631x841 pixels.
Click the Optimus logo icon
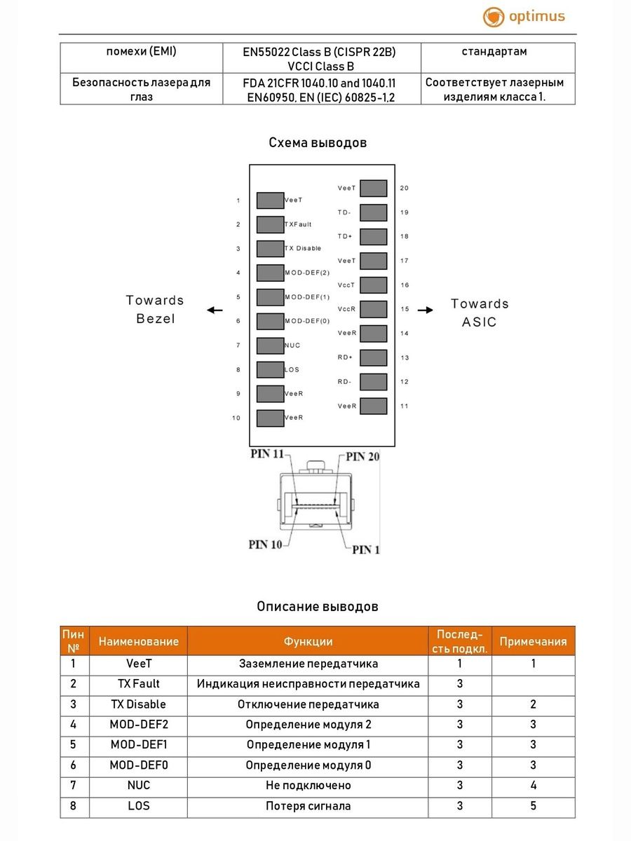pyautogui.click(x=494, y=18)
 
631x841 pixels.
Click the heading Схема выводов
pyautogui.click(x=318, y=143)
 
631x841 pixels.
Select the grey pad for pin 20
pyautogui.click(x=374, y=188)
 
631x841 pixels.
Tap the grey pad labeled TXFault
pyautogui.click(x=270, y=224)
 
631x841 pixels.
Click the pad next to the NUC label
pyautogui.click(x=270, y=346)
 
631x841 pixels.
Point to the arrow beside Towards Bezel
pyautogui.click(x=215, y=310)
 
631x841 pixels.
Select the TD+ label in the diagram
pyautogui.click(x=345, y=237)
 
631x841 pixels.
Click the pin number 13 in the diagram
pyautogui.click(x=405, y=358)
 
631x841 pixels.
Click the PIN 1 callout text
pyautogui.click(x=365, y=549)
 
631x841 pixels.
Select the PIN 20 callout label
pyautogui.click(x=363, y=457)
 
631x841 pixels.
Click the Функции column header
pyautogui.click(x=308, y=641)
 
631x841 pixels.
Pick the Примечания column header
pyautogui.click(x=533, y=641)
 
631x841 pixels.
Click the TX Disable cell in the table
pyautogui.click(x=139, y=704)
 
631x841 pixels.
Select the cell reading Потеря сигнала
pyautogui.click(x=308, y=806)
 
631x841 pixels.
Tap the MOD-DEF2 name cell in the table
pyautogui.click(x=139, y=725)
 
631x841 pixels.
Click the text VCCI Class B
pyautogui.click(x=321, y=67)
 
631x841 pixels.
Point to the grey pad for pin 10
pyautogui.click(x=270, y=418)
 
